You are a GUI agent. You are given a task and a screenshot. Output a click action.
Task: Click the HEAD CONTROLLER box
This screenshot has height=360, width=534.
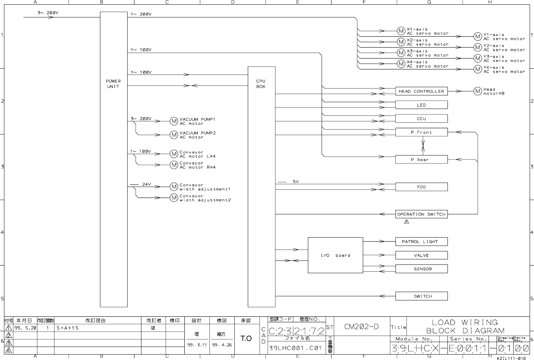(x=421, y=91)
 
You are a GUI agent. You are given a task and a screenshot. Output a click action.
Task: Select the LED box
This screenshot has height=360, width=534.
(x=421, y=105)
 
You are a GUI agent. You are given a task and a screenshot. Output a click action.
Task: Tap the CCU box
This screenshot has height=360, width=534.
(x=421, y=118)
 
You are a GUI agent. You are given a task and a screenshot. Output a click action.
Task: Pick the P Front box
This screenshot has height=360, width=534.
(x=421, y=132)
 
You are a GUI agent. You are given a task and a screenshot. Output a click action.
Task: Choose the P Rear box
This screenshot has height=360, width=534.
(x=421, y=159)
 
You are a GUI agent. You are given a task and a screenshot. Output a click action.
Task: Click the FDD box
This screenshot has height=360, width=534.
(x=421, y=187)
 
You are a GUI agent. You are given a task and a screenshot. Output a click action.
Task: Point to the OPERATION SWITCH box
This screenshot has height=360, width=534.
(x=421, y=214)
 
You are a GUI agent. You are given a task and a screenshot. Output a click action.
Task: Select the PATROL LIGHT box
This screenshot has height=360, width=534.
(x=421, y=242)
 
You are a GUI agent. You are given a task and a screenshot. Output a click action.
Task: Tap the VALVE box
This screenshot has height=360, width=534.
(x=421, y=255)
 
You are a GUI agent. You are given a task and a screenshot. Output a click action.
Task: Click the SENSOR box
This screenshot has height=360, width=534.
(x=421, y=269)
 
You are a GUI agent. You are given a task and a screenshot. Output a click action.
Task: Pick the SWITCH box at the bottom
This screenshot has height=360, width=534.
(x=421, y=296)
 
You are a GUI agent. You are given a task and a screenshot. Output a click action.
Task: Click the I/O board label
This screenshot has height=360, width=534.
(x=335, y=255)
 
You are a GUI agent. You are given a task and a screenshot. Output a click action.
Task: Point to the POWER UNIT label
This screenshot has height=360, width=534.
(x=113, y=84)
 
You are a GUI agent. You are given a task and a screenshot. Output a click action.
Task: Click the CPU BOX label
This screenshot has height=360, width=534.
(x=261, y=84)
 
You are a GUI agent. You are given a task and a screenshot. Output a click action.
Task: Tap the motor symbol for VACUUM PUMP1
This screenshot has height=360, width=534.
(x=174, y=121)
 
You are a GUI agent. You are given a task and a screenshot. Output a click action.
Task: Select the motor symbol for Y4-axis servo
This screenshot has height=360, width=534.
(x=478, y=69)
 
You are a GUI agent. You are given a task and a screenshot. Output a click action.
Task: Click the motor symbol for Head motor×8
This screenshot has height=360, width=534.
(x=478, y=91)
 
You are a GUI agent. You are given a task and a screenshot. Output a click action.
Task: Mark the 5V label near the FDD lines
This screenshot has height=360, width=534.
(x=296, y=182)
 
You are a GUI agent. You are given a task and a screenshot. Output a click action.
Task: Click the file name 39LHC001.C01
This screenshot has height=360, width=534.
(x=296, y=348)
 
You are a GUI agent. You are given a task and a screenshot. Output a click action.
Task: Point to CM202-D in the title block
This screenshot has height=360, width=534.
(x=361, y=327)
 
